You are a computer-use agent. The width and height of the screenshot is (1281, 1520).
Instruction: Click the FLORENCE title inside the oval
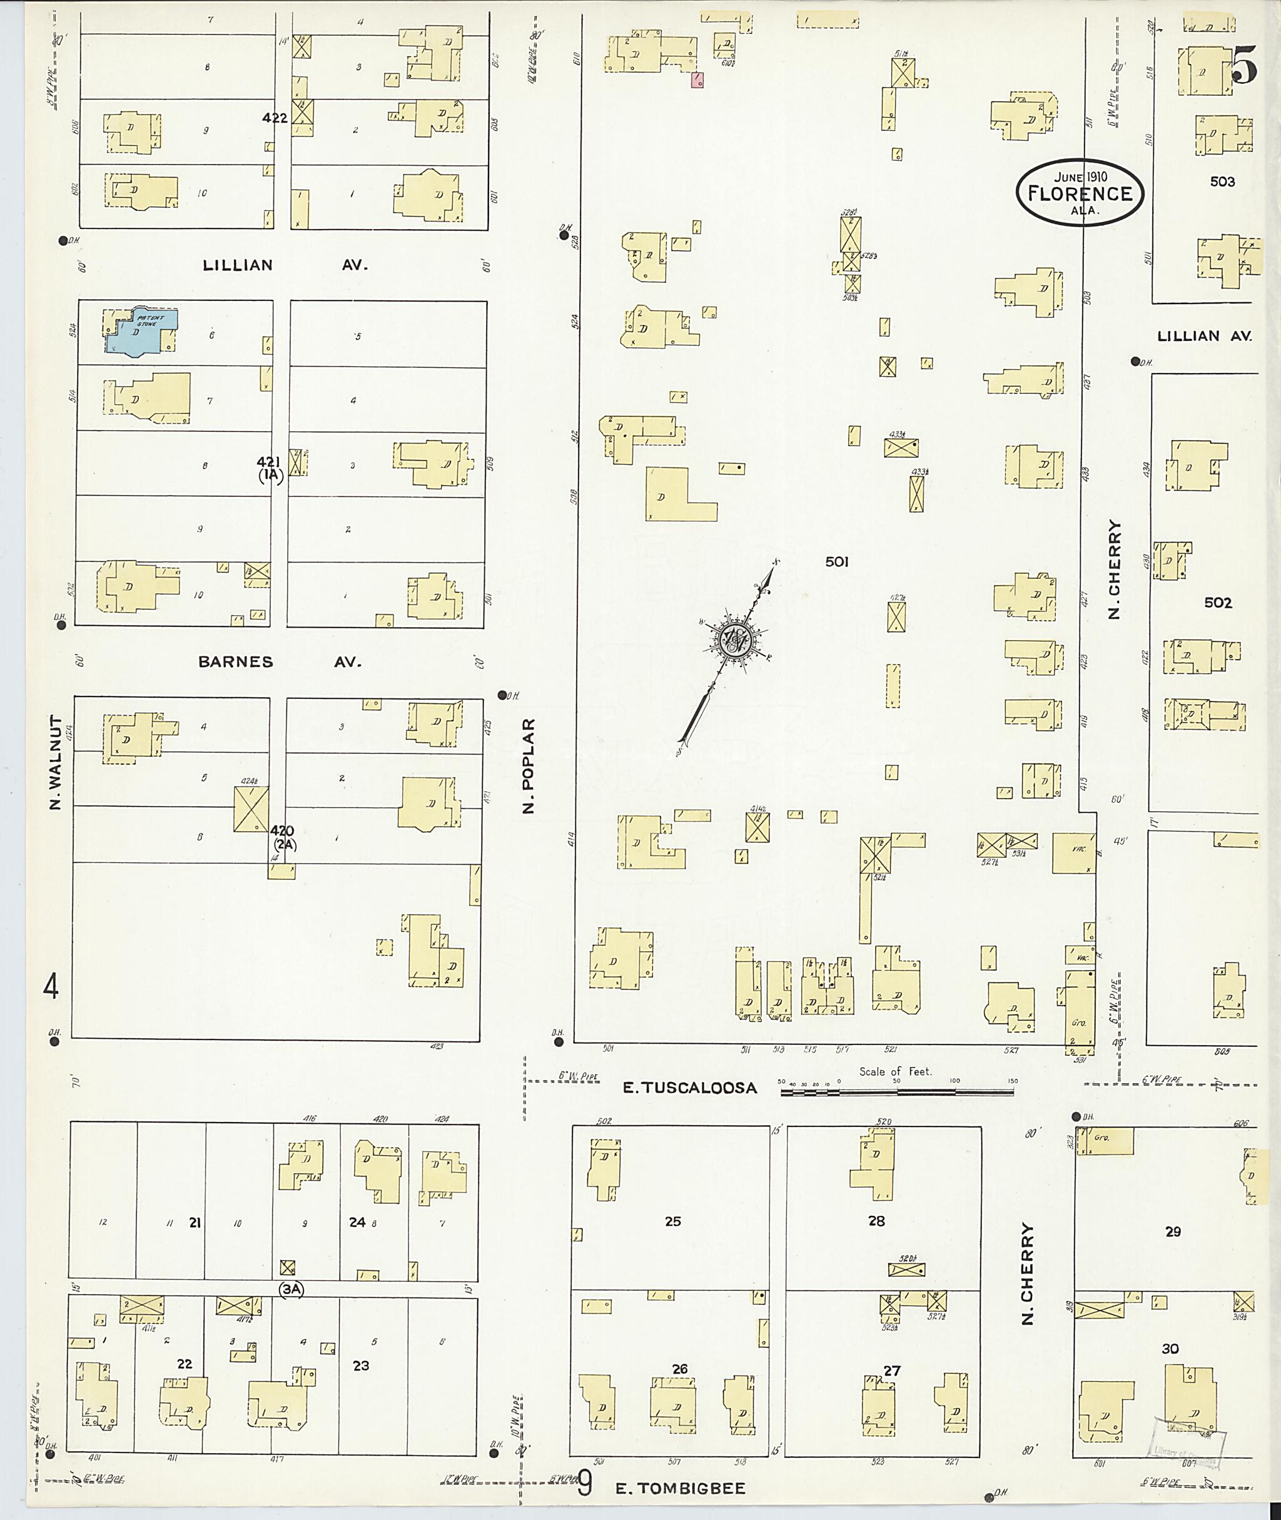click(x=1080, y=193)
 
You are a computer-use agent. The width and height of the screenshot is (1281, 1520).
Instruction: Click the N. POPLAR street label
click(x=529, y=766)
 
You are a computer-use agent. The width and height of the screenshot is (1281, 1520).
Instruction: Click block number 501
click(x=836, y=562)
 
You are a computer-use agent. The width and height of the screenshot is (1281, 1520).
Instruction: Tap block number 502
click(x=1218, y=603)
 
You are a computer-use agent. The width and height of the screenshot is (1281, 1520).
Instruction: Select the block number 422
click(x=275, y=118)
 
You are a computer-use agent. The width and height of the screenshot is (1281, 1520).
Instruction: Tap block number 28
click(x=876, y=1222)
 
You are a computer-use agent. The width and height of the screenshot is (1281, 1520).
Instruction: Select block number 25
click(x=672, y=1222)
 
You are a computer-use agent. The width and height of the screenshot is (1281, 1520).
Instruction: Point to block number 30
click(x=1170, y=1349)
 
